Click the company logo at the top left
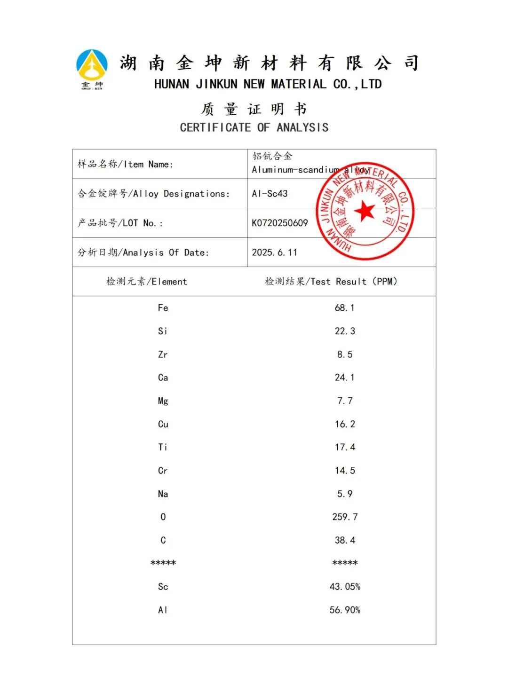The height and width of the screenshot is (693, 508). tap(92, 69)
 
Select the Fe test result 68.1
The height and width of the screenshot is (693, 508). tap(344, 308)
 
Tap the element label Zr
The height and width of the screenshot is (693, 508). tap(163, 354)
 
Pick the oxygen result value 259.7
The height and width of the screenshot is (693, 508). tap(344, 517)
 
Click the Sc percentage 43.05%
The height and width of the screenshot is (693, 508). tap(344, 587)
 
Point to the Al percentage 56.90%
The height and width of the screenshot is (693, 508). tap(344, 610)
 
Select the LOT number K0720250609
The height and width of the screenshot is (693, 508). tap(279, 223)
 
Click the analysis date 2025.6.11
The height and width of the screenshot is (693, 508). tap(274, 252)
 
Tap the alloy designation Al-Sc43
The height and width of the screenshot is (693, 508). tap(270, 194)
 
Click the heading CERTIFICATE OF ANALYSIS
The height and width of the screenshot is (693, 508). tap(254, 127)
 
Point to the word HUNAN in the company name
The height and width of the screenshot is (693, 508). tap(171, 85)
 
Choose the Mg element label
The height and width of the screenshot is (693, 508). tap(163, 401)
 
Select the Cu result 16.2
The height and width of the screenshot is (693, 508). tap(344, 424)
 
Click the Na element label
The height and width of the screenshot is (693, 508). tap(163, 494)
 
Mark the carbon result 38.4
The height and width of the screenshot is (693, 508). tap(344, 540)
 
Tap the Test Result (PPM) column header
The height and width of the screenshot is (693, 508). tap(331, 282)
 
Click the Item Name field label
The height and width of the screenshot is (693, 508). tap(125, 164)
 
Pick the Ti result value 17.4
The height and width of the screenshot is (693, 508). tap(344, 447)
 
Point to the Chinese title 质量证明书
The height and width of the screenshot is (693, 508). tap(254, 110)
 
